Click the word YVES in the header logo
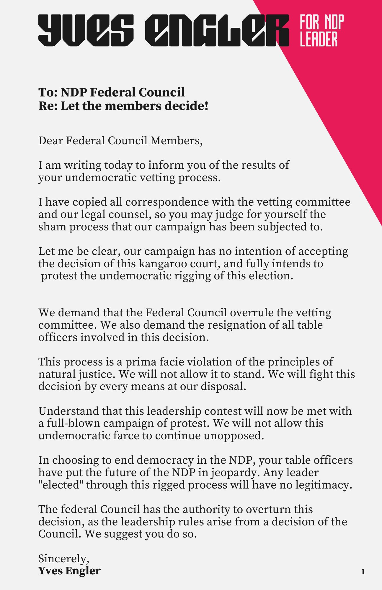point(86,30)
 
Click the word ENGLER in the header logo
point(217,30)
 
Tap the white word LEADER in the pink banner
point(319,40)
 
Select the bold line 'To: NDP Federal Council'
point(112,92)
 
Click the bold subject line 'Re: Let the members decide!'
point(123,106)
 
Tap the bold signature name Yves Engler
point(69,571)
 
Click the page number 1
point(363,572)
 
